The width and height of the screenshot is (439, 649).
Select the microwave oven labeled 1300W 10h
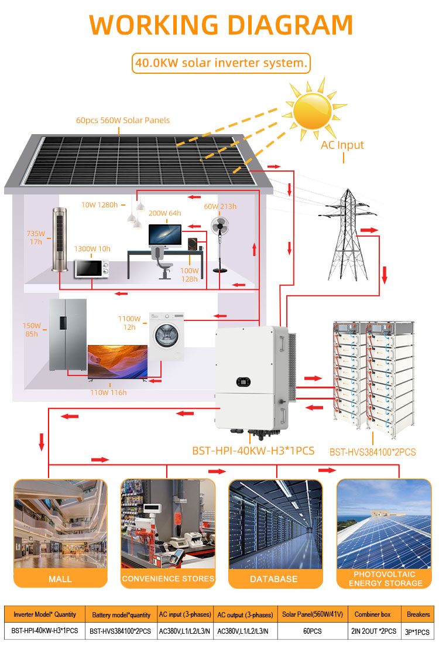92,268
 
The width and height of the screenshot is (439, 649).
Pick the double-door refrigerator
67,334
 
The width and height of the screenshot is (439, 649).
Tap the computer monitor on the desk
165,235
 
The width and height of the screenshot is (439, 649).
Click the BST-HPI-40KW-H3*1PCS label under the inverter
253,451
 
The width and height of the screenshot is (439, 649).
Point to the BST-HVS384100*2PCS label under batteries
372,452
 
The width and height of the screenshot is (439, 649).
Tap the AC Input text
342,145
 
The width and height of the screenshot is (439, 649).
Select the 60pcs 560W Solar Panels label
123,120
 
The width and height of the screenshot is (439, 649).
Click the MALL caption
60,579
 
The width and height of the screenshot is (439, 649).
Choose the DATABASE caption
274,579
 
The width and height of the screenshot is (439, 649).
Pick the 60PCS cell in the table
312,631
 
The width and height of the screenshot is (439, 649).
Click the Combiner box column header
372,614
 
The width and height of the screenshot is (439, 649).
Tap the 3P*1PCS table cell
417,632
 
